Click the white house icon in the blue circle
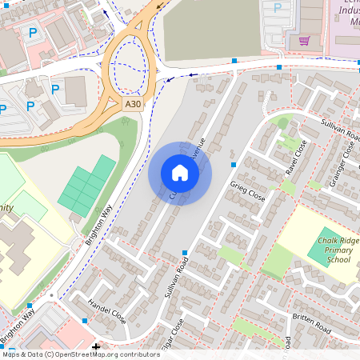click(x=180, y=173)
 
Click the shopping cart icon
click(x=303, y=40)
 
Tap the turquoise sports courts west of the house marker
click(x=87, y=185)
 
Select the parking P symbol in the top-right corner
click(x=278, y=7)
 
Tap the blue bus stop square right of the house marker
click(x=234, y=164)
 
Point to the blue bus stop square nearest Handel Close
click(x=30, y=306)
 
